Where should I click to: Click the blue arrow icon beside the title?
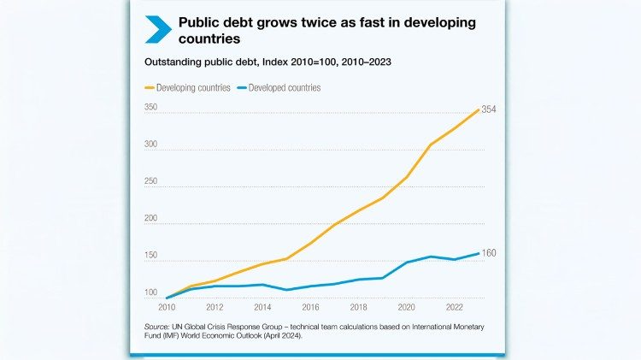[158, 29]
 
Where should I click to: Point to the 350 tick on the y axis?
[150, 108]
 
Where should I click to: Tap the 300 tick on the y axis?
[150, 145]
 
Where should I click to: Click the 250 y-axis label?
[150, 181]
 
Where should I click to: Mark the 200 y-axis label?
[150, 219]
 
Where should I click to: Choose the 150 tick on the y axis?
[150, 256]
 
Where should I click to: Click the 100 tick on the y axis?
[150, 292]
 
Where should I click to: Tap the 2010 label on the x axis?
[167, 307]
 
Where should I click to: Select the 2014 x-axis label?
[262, 307]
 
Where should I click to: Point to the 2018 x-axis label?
[358, 307]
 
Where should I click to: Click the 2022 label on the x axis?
[454, 307]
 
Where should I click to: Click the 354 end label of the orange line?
[490, 109]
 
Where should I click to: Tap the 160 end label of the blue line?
[489, 253]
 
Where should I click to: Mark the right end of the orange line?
[479, 109]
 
